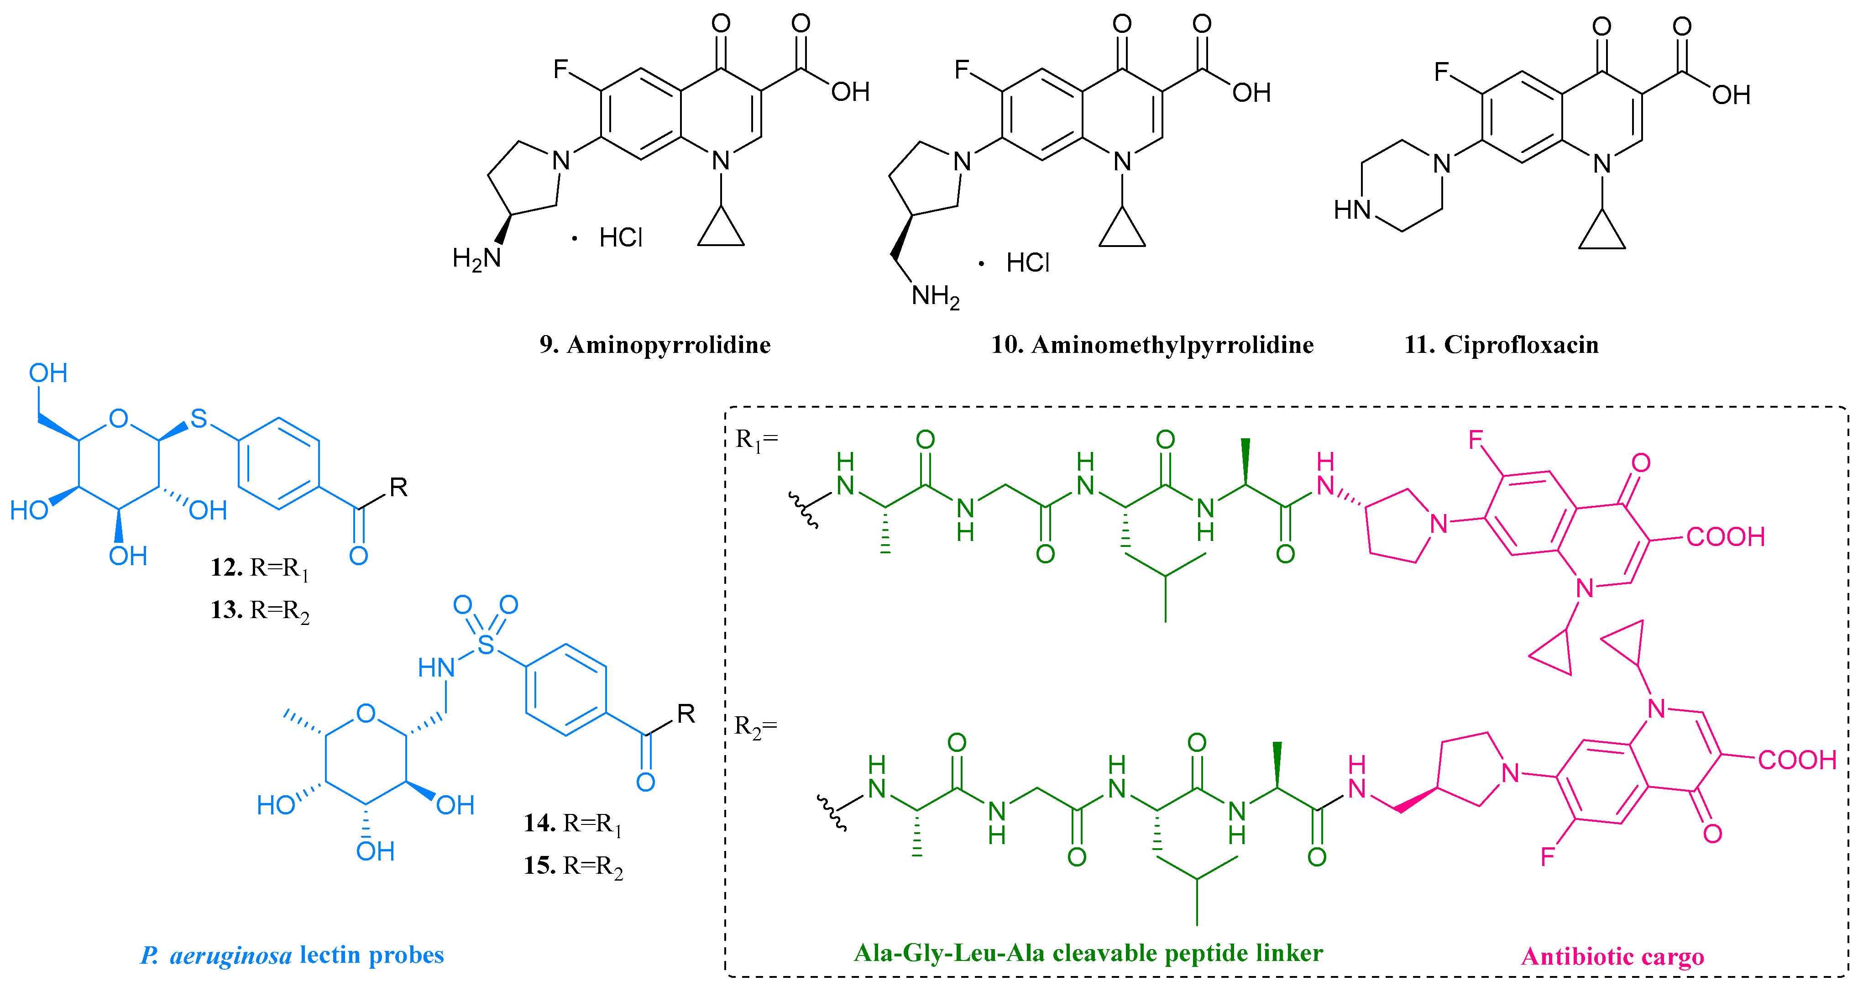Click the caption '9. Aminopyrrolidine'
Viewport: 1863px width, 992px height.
[x=654, y=344]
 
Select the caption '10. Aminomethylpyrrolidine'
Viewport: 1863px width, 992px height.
[x=1152, y=344]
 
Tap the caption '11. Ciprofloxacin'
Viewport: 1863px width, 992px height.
[x=1502, y=344]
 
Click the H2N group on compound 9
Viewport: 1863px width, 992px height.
[x=476, y=257]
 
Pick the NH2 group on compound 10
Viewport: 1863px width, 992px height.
[x=935, y=296]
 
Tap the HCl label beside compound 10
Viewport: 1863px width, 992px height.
[x=1027, y=262]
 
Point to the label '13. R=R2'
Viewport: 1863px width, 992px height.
[x=260, y=610]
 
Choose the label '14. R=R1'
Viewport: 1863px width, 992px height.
[x=572, y=823]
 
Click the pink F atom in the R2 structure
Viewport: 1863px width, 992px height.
[x=1548, y=857]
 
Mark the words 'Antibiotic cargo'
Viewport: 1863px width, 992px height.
[x=1612, y=956]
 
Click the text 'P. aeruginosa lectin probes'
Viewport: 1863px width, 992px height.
[x=292, y=955]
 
